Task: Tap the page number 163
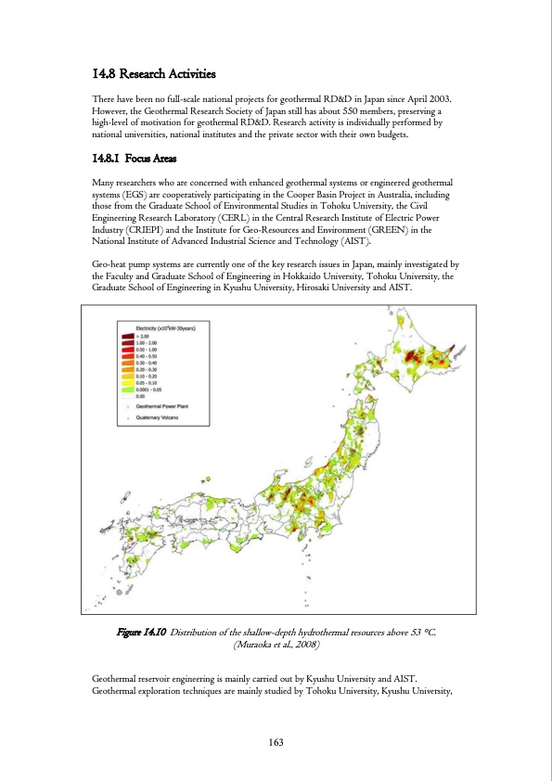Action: click(x=276, y=741)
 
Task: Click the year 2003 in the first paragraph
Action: click(x=435, y=98)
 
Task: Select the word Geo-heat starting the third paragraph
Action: click(x=116, y=265)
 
